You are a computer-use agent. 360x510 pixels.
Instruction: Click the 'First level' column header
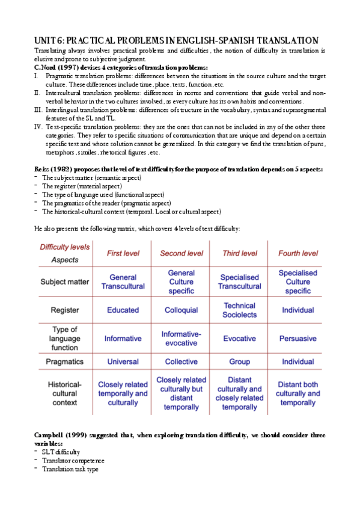point(123,253)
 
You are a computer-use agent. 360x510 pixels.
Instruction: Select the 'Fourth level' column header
point(297,253)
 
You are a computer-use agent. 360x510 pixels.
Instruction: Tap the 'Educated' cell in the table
point(123,310)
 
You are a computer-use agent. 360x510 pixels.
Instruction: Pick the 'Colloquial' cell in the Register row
point(181,310)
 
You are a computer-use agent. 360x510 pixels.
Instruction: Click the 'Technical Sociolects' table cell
point(239,310)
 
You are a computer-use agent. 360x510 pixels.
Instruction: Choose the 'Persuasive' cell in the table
point(297,339)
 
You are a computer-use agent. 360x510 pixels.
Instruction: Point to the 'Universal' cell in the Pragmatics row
point(123,361)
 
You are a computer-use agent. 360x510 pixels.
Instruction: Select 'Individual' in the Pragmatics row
point(297,361)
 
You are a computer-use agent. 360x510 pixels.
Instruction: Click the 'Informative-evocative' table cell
point(181,338)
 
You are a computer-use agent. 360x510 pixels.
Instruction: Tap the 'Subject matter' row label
point(64,281)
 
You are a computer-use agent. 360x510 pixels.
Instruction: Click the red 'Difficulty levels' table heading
point(64,247)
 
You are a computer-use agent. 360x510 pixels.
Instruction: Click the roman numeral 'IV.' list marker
point(38,127)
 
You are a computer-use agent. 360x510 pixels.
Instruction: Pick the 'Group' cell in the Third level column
point(239,361)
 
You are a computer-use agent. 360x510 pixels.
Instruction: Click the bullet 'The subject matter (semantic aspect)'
point(91,178)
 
